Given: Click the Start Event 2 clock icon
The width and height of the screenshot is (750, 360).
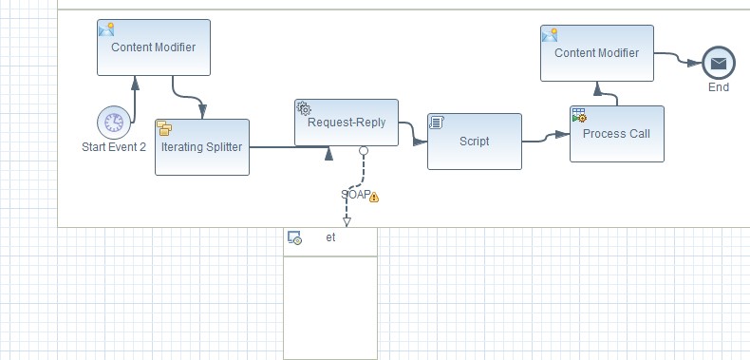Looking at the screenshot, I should click(114, 122).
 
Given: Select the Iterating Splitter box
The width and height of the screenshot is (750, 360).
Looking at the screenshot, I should click(202, 147).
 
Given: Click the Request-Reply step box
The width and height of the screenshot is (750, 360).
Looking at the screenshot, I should click(347, 123).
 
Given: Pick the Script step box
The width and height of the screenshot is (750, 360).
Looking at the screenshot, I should click(474, 142).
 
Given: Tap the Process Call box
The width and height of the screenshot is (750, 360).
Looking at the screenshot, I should click(616, 134).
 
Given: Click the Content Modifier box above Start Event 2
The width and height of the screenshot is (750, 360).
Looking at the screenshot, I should click(154, 47).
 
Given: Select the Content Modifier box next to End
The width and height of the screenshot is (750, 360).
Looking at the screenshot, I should click(597, 53).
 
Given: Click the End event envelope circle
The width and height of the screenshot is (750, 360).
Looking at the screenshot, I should click(719, 65).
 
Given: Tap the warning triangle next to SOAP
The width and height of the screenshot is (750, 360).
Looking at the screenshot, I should click(374, 197).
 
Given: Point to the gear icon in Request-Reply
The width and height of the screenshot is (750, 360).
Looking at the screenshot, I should click(304, 108).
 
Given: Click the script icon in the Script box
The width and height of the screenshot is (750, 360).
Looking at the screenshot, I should click(438, 123).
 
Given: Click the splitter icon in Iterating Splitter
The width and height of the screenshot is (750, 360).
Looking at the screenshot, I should click(164, 128).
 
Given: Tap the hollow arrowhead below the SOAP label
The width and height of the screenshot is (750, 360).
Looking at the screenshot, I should click(347, 221).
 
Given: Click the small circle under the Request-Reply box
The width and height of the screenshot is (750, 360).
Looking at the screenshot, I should click(363, 151).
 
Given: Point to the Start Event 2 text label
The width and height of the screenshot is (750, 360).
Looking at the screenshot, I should click(114, 146).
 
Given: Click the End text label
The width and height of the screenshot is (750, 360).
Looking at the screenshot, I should click(719, 87).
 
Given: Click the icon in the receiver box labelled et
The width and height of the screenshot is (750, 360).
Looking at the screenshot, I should click(295, 237).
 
